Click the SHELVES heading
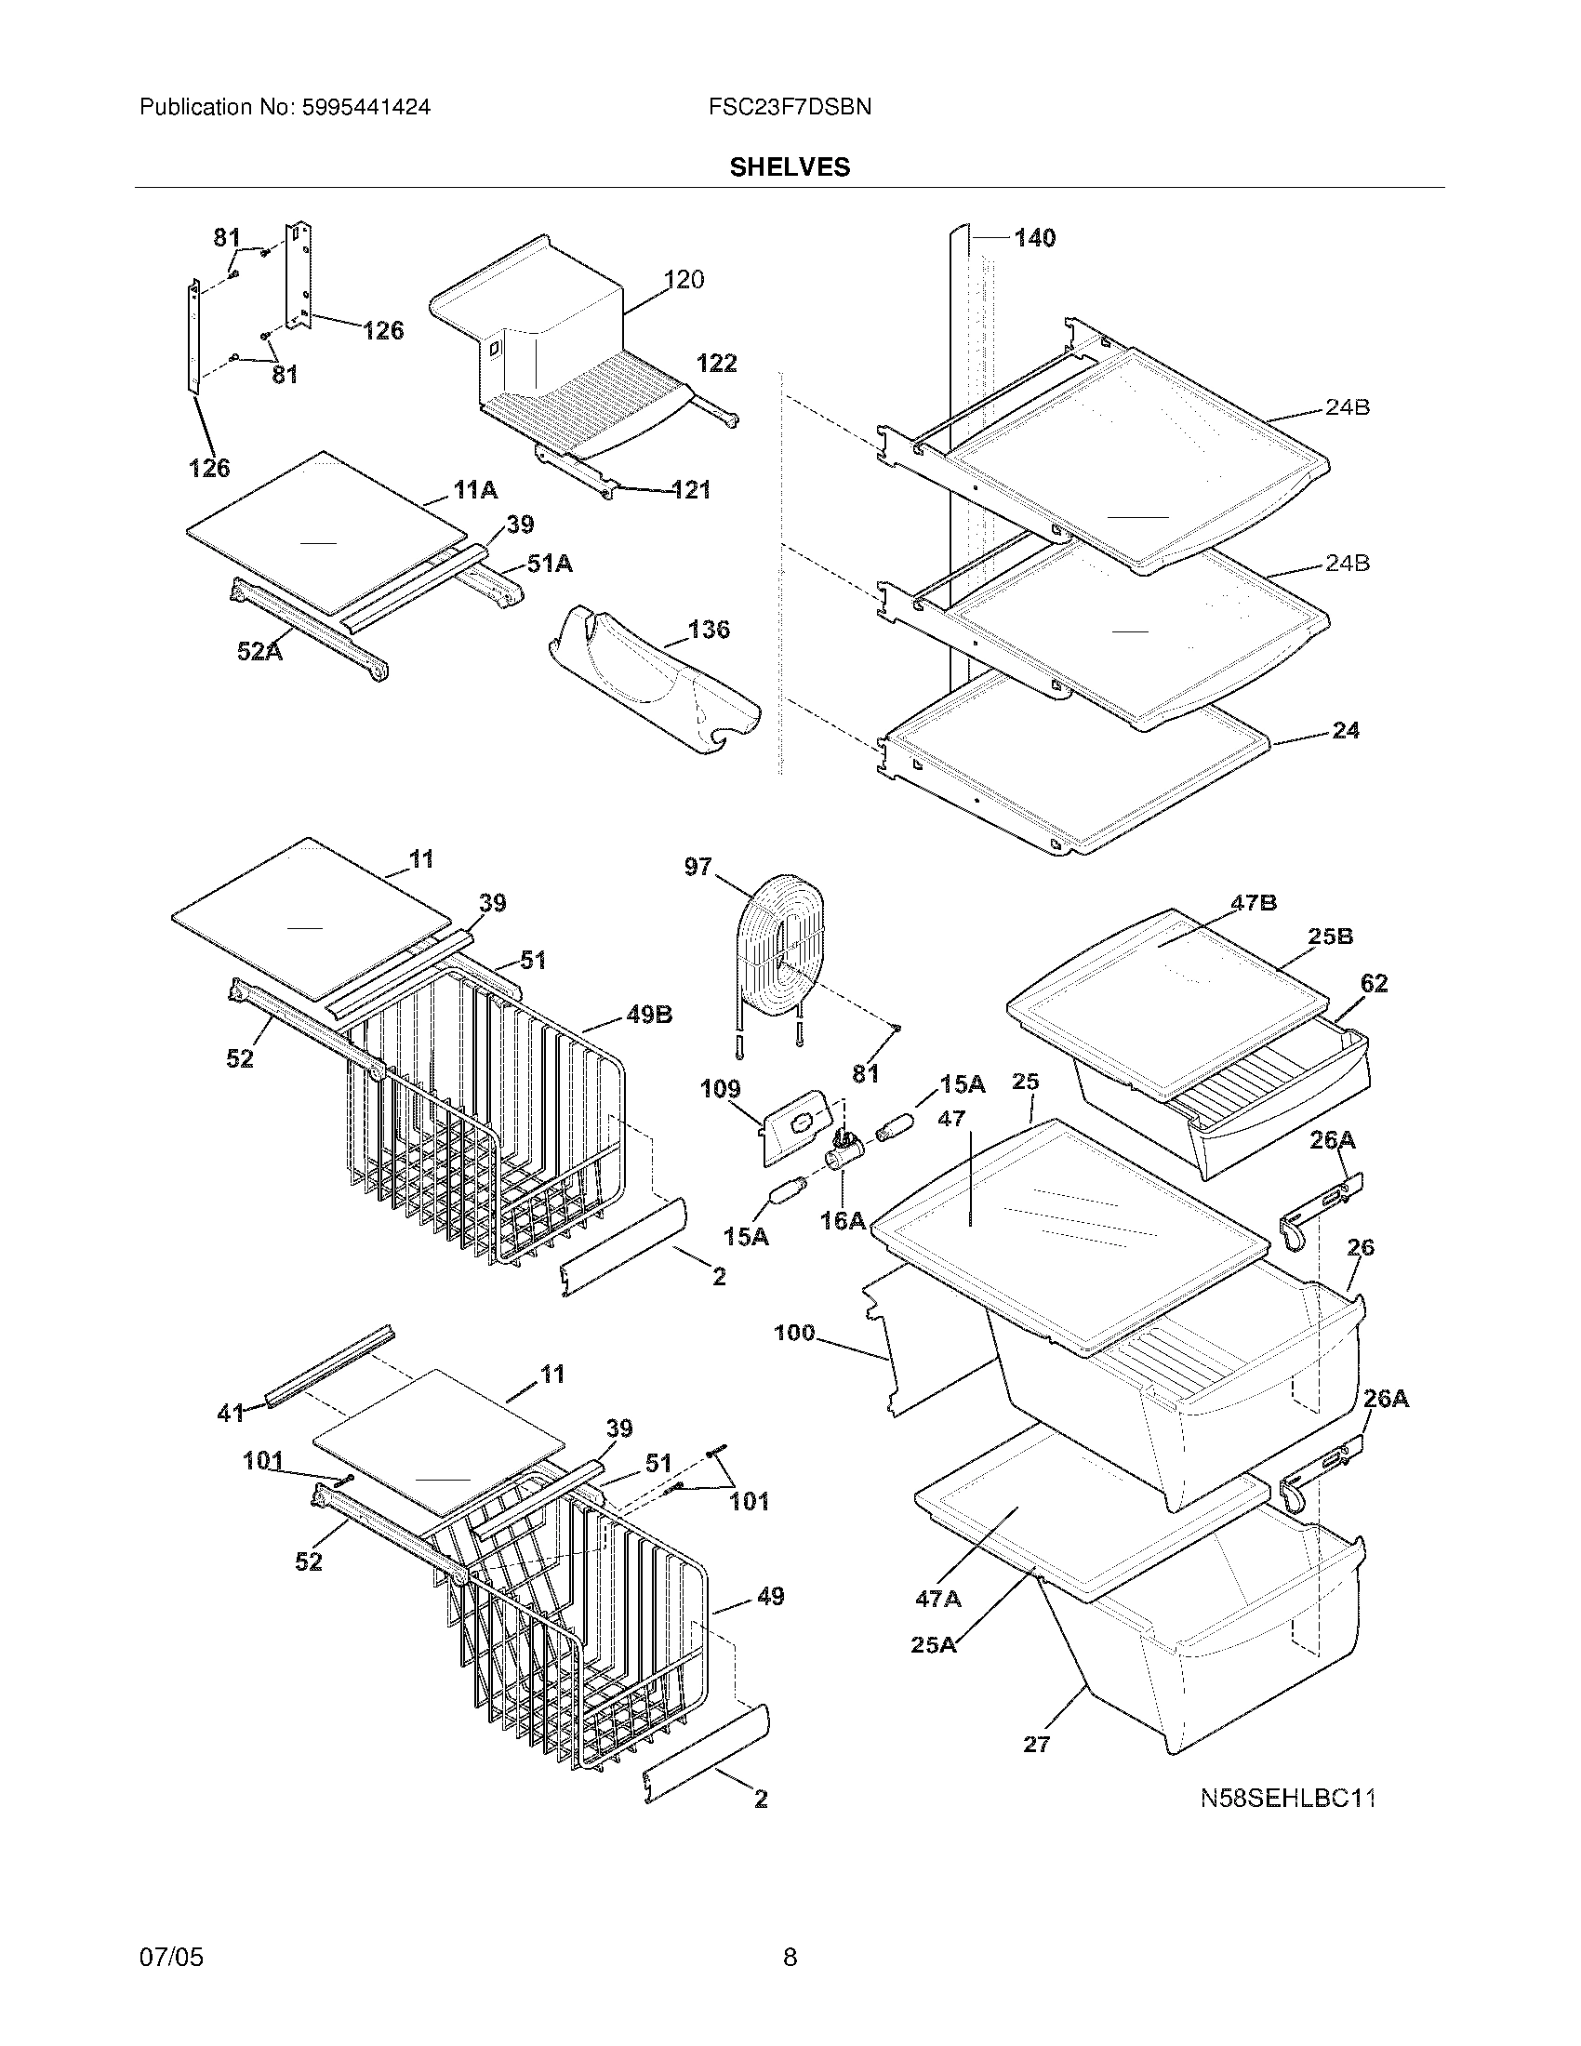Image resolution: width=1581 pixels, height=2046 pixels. (x=790, y=166)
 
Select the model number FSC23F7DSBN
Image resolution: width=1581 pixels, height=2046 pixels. (x=790, y=107)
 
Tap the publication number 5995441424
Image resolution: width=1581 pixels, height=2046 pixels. (x=365, y=107)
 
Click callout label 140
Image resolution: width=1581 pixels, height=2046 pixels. (x=1034, y=238)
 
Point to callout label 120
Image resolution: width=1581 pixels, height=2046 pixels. (x=684, y=279)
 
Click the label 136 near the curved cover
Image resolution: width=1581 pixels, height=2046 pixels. (x=708, y=630)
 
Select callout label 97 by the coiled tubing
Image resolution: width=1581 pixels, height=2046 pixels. (x=697, y=867)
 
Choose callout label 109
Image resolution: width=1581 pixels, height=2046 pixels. (x=720, y=1089)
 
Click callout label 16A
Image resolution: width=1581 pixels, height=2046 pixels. (x=842, y=1220)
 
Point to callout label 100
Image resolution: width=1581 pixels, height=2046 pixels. (x=794, y=1332)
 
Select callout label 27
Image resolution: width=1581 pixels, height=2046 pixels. (x=1036, y=1744)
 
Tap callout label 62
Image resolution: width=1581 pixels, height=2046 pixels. (x=1374, y=983)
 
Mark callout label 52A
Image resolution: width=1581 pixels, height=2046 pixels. (x=259, y=651)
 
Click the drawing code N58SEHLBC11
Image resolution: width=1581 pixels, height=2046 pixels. (x=1289, y=1798)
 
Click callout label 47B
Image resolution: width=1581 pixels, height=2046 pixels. (x=1254, y=903)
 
